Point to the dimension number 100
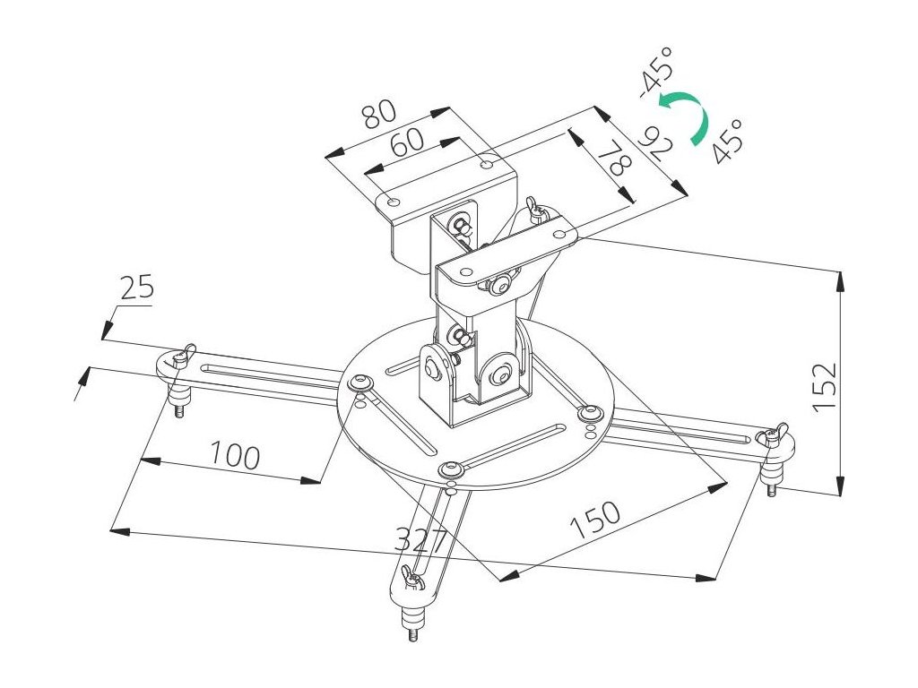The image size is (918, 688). coord(235,455)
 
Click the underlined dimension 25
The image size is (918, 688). coord(136,288)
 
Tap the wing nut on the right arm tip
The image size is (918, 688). coord(772,435)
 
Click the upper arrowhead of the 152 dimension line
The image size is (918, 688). coord(840,279)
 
